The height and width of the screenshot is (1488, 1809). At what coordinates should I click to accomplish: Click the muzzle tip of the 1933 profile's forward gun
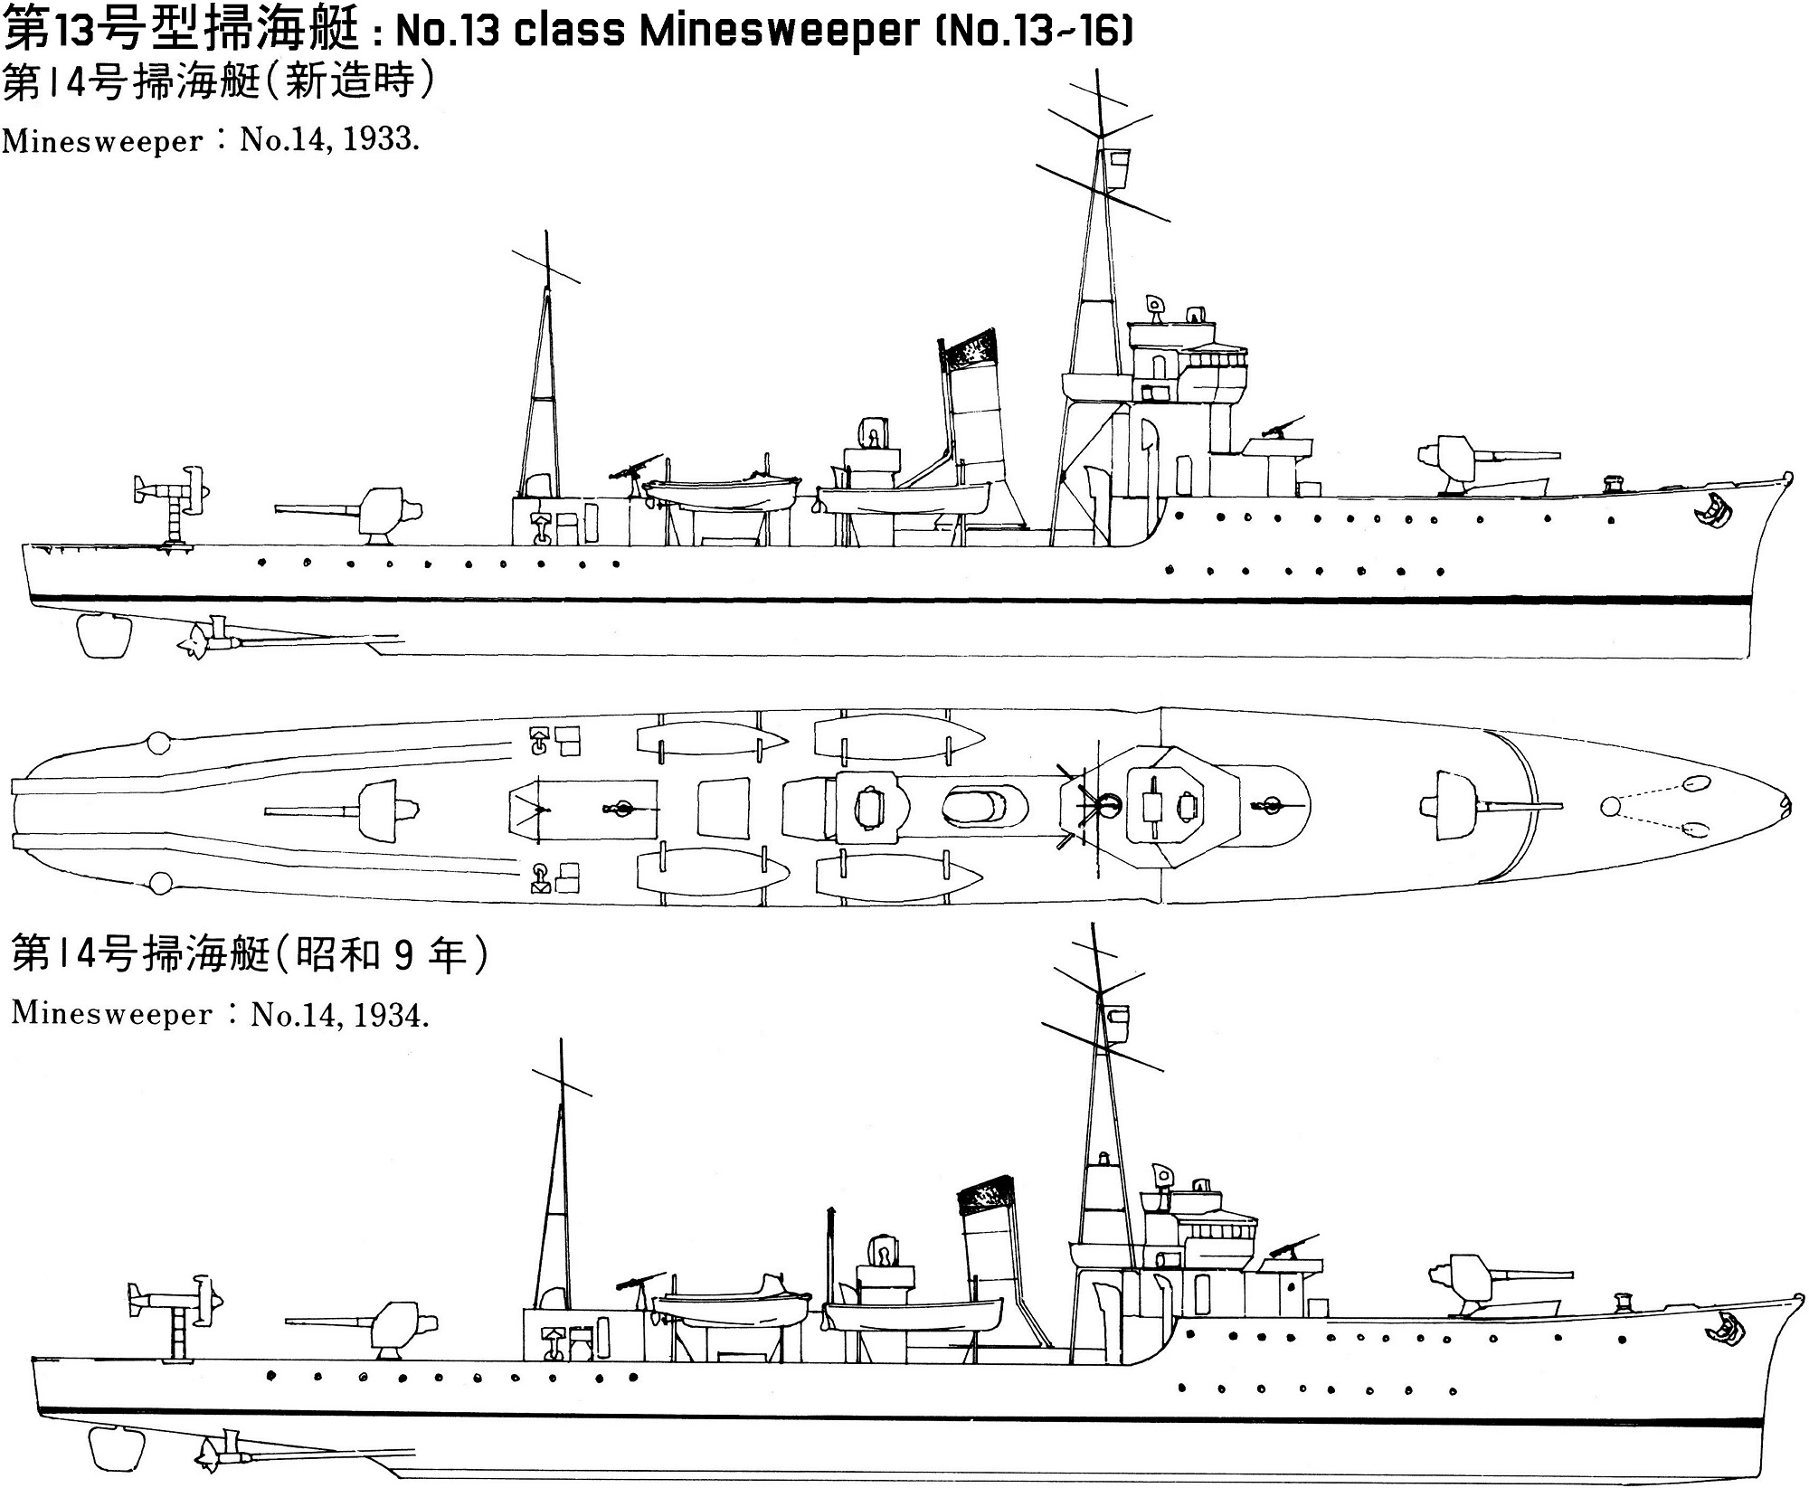(1560, 455)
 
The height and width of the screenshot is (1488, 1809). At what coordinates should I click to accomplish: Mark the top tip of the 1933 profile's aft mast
(546, 232)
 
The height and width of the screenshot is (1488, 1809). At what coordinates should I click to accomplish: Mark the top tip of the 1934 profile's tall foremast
(1094, 924)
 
